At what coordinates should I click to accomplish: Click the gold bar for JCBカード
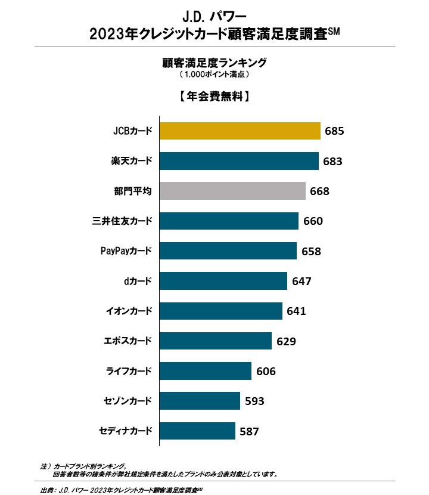click(x=240, y=131)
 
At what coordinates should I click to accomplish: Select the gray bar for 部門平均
click(x=232, y=191)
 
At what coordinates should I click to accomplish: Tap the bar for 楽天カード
click(x=239, y=161)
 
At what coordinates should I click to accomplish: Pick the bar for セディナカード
click(x=197, y=431)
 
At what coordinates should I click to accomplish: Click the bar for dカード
click(x=224, y=281)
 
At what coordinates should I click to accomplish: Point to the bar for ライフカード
click(x=206, y=371)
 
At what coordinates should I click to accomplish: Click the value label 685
click(x=335, y=131)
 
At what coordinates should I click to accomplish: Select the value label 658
click(x=311, y=251)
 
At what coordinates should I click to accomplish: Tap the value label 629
click(x=287, y=341)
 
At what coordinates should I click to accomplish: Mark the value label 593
click(x=254, y=401)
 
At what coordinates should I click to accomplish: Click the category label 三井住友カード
click(x=118, y=221)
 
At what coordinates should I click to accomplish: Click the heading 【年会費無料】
click(x=214, y=96)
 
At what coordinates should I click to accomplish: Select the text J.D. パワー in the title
click(x=214, y=13)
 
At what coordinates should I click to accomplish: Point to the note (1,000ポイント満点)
click(x=214, y=75)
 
